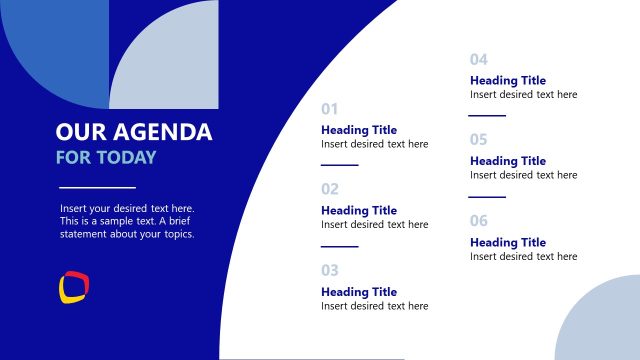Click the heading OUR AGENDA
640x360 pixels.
pyautogui.click(x=134, y=132)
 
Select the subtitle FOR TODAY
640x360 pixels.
pyautogui.click(x=106, y=158)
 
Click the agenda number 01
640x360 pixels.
pyautogui.click(x=330, y=108)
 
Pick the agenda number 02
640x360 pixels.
pyautogui.click(x=330, y=189)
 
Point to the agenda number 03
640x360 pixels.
pyautogui.click(x=330, y=270)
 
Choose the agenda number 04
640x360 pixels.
pyautogui.click(x=479, y=59)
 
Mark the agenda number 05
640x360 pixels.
pyautogui.click(x=479, y=140)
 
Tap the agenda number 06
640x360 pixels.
pyautogui.click(x=479, y=221)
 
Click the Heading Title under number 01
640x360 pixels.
pyautogui.click(x=359, y=130)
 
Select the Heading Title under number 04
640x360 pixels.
pyautogui.click(x=508, y=81)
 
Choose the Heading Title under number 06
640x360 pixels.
pyautogui.click(x=508, y=243)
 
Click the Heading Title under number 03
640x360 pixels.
pyautogui.click(x=359, y=292)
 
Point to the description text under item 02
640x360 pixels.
pyautogui.click(x=374, y=225)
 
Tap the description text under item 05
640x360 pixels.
pyautogui.click(x=523, y=175)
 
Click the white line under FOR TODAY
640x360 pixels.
pyautogui.click(x=97, y=187)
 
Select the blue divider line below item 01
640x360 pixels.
pyautogui.click(x=339, y=164)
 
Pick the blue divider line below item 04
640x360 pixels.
pyautogui.click(x=488, y=115)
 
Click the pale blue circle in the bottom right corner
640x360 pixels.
pyautogui.click(x=600, y=325)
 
